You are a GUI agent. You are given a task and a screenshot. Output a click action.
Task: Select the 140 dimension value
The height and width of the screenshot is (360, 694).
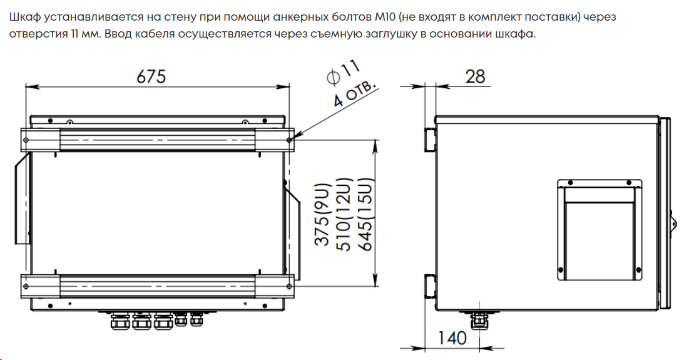pos(452,338)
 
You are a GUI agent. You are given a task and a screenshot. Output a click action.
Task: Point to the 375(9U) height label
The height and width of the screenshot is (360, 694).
pos(322,215)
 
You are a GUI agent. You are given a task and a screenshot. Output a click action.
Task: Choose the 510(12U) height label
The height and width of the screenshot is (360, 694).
pos(344,215)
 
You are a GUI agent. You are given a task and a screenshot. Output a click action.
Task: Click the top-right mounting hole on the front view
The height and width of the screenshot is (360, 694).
pos(288,140)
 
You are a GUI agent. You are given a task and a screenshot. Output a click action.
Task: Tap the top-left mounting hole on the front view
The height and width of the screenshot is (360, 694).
pos(28,140)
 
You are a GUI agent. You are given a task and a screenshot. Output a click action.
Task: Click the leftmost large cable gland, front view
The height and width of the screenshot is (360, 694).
pos(118,322)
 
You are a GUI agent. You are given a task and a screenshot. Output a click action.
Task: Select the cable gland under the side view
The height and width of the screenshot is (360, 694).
pos(479,321)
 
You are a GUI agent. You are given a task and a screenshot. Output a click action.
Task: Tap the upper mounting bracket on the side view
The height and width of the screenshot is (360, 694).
pos(430,138)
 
